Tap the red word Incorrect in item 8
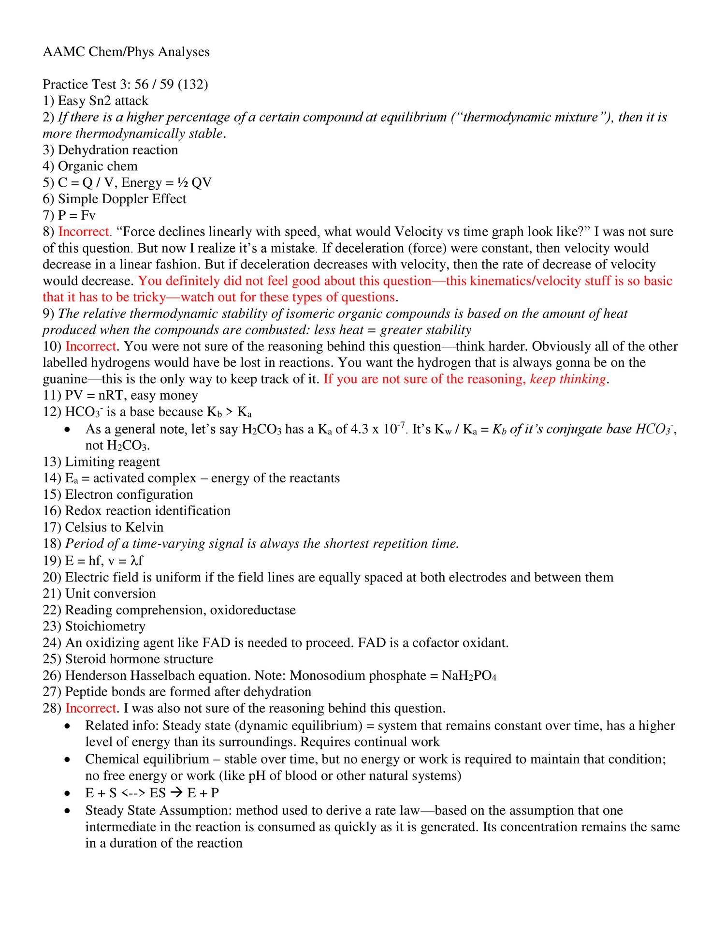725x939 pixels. click(x=85, y=232)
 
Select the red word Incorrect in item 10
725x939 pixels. click(x=91, y=346)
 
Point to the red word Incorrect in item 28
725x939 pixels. click(x=91, y=708)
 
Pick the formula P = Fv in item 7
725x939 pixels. click(x=76, y=215)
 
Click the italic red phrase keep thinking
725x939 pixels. click(x=567, y=379)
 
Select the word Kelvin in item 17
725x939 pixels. click(x=144, y=527)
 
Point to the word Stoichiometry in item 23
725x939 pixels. click(x=105, y=626)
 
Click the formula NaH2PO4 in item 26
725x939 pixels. click(x=468, y=676)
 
